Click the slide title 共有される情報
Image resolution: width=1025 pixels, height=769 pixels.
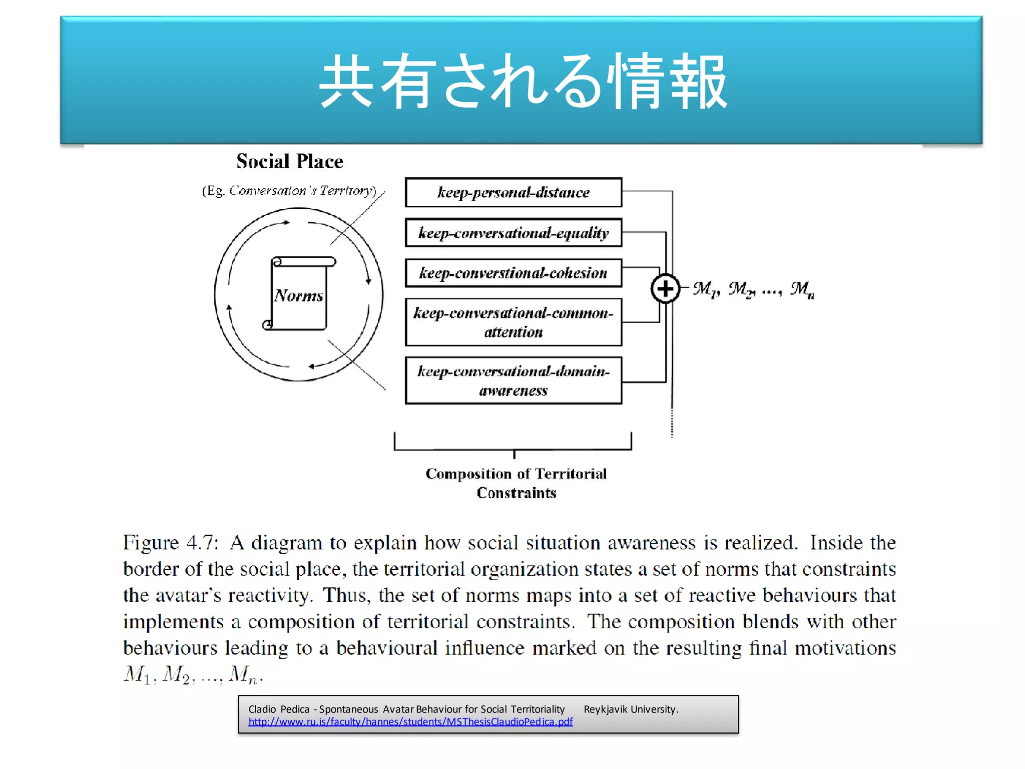pos(523,81)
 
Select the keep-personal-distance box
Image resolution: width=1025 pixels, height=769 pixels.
pos(514,192)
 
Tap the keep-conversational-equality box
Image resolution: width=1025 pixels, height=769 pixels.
pos(514,233)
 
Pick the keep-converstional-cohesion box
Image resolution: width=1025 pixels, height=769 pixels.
pos(514,273)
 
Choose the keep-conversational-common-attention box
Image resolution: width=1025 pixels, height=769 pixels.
pos(514,322)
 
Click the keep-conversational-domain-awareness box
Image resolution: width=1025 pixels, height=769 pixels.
pos(514,380)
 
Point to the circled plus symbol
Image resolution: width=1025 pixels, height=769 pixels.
pos(665,288)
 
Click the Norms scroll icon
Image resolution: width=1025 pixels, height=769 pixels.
pos(299,294)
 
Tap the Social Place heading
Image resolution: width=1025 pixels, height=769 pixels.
pos(290,161)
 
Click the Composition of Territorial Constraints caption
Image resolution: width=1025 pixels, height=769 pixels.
pos(516,483)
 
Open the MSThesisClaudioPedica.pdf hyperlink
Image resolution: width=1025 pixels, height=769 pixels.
pos(410,722)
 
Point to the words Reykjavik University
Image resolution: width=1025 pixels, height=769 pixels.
pos(631,709)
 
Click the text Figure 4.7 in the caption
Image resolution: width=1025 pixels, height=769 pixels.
pos(171,543)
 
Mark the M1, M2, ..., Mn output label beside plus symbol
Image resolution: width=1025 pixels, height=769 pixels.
pos(753,289)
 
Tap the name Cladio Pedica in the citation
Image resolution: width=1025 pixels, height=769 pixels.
pos(279,709)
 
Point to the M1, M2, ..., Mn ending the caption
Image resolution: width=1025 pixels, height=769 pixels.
pos(193,674)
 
